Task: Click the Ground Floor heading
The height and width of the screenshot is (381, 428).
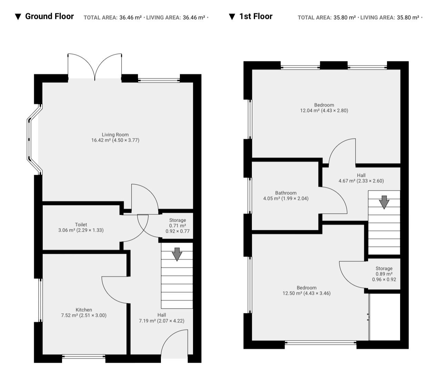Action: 49,16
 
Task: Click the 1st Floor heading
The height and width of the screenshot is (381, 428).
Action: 256,16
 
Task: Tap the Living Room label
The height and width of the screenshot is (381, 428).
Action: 115,135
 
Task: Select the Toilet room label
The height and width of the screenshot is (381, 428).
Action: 81,224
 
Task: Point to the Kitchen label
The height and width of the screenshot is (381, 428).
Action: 84,310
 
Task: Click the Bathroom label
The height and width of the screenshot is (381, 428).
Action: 286,193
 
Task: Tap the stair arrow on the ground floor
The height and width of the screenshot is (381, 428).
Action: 177,254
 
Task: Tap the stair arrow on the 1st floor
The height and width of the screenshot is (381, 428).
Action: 384,202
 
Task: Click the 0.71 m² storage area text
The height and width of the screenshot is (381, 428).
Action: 177,225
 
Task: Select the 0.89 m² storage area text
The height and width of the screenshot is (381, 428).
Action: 384,274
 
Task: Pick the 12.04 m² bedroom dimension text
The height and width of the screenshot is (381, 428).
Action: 324,110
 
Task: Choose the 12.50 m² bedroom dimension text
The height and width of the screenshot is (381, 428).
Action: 306,293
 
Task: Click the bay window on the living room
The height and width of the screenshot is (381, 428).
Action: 29,140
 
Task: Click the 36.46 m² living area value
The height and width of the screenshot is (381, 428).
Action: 194,18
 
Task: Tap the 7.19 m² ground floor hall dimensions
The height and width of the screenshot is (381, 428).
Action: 161,321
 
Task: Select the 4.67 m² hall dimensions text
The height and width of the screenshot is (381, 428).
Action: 361,181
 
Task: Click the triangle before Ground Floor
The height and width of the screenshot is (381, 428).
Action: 18,17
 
